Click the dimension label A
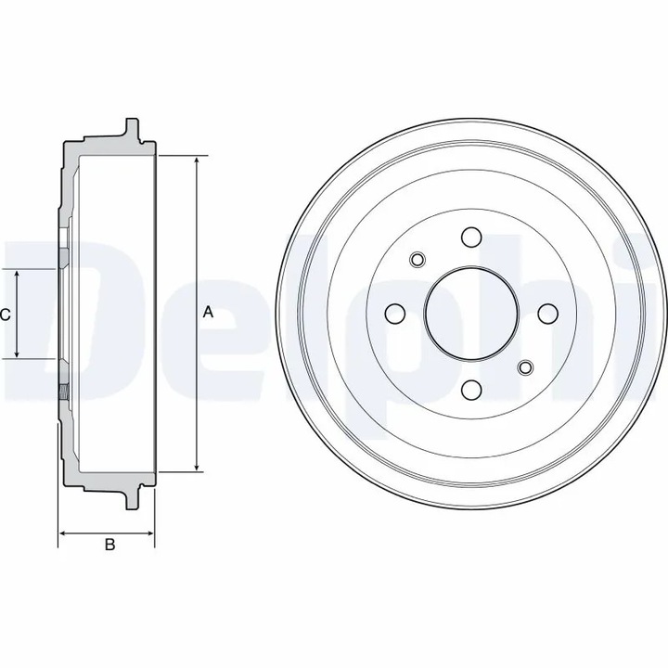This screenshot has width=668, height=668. coord(208,313)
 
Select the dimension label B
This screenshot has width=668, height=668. coord(109,546)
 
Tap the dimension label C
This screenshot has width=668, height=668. coord(5,315)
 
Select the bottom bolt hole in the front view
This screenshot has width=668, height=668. coord(470,390)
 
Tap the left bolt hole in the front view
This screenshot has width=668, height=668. coord(393,313)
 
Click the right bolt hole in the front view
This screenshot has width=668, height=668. coord(547,313)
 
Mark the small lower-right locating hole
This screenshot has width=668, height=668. coord(525,367)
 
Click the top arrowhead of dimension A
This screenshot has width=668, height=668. coord(196,161)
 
